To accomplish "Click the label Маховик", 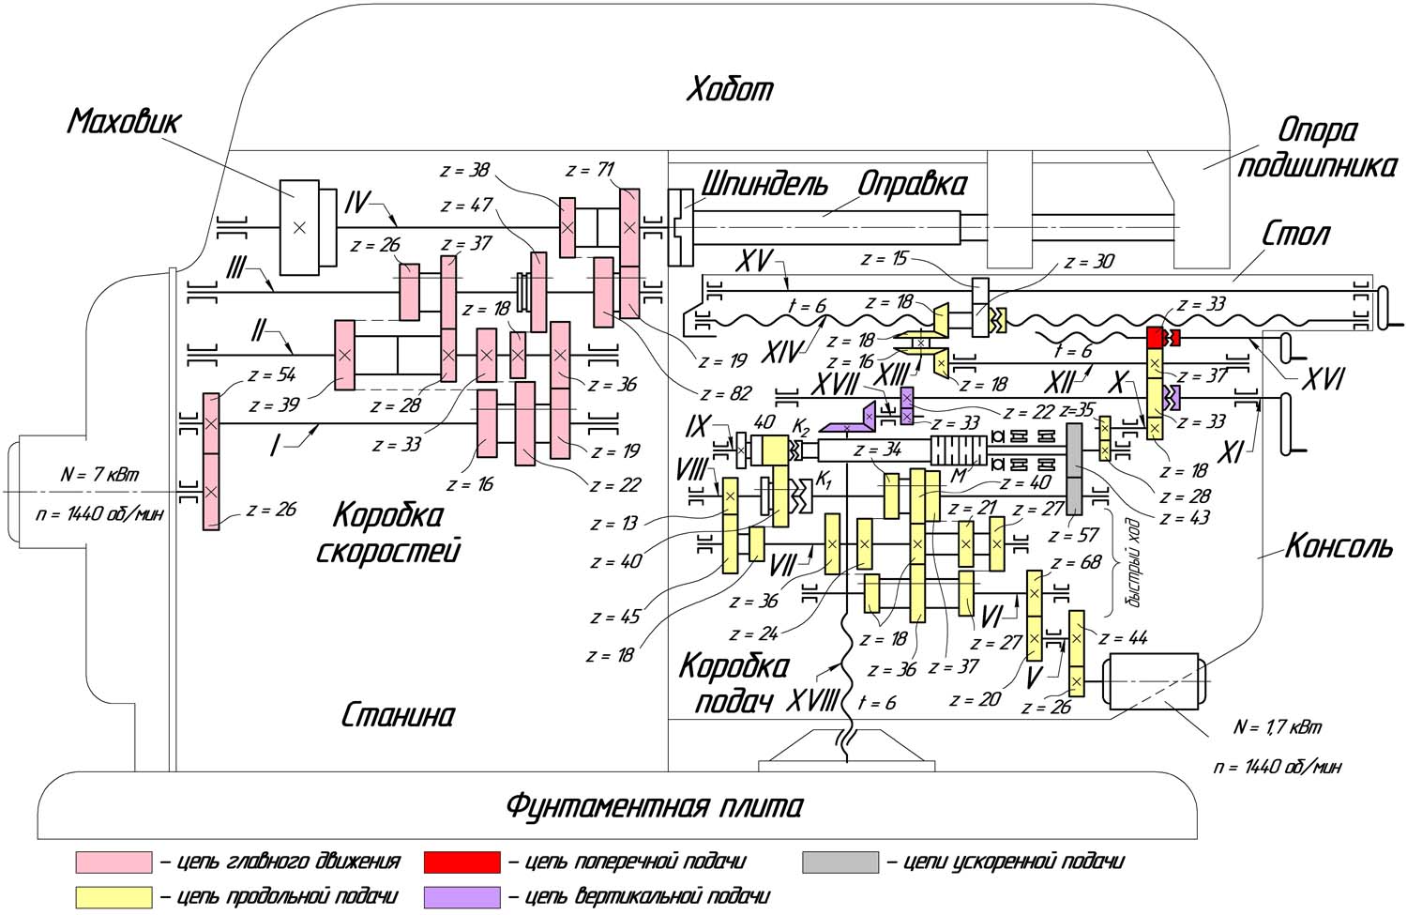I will pos(124,122).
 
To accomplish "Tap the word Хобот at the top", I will pos(730,89).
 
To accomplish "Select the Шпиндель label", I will pos(764,184).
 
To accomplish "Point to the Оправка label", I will pos(912,184).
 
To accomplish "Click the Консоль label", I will pos(1339,546).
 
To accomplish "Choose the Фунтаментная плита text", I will pos(654,806).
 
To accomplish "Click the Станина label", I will pos(397,716).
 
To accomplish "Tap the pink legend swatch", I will pos(113,862).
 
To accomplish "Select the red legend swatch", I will pos(461,862).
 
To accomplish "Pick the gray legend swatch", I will pos(840,862).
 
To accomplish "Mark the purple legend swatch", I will pos(461,897).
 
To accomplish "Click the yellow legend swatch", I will pos(113,897).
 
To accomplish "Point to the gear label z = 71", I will pos(590,171).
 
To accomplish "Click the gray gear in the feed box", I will pos(1074,467).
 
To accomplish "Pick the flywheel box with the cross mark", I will pos(299,227).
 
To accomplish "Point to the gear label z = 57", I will pos(1074,536).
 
